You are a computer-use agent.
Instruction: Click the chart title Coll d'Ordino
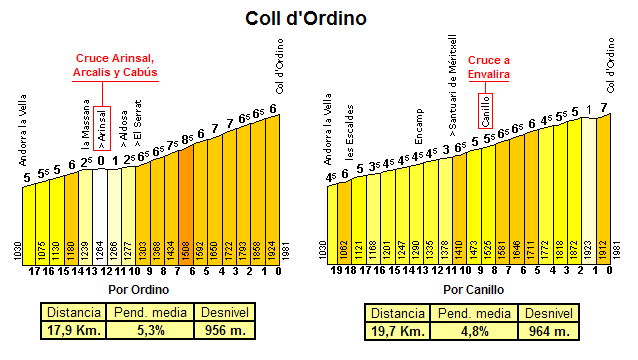coord(319,18)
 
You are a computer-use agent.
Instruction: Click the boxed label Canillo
coord(486,104)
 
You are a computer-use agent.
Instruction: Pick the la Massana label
coord(86,130)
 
